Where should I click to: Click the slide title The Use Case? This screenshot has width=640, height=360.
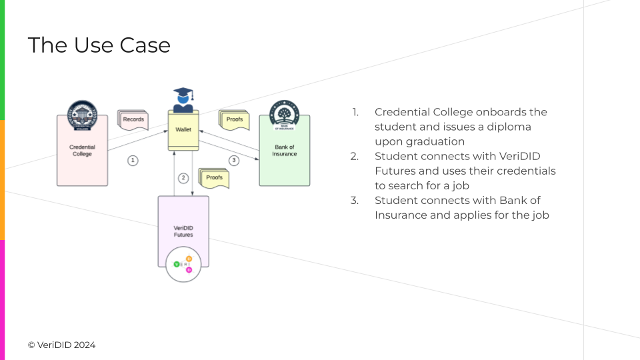tap(99, 45)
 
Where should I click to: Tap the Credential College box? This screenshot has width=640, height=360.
tap(82, 151)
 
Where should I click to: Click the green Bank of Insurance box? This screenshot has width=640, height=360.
tap(284, 151)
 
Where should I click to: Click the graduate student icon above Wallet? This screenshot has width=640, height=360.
tap(183, 100)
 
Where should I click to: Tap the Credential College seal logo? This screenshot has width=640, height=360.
tap(82, 115)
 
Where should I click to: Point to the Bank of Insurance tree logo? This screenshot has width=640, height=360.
tap(284, 114)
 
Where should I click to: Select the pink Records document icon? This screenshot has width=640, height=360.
tap(133, 119)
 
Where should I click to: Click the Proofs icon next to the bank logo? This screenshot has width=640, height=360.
tap(234, 119)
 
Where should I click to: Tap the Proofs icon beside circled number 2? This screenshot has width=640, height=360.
tap(214, 178)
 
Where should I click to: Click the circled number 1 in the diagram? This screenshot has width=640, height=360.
tap(133, 160)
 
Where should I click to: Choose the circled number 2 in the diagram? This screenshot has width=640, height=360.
tap(183, 178)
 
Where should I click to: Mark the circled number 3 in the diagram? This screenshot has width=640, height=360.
tap(233, 160)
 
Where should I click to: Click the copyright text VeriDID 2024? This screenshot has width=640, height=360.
tap(61, 345)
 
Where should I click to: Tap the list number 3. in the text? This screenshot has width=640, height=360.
tap(355, 200)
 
